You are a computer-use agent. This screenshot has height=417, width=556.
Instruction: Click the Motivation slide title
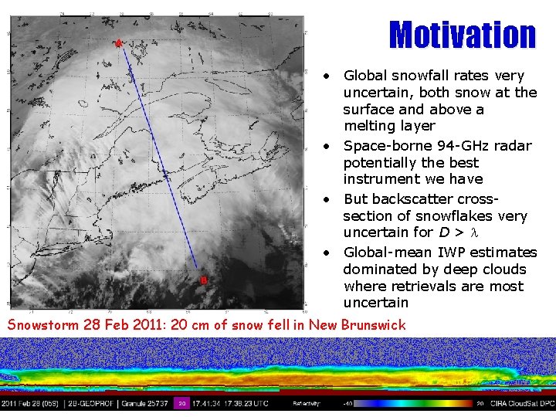click(x=462, y=36)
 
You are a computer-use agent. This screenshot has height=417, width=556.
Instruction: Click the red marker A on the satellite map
click(x=118, y=44)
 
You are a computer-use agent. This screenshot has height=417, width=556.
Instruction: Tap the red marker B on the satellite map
click(x=203, y=280)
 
